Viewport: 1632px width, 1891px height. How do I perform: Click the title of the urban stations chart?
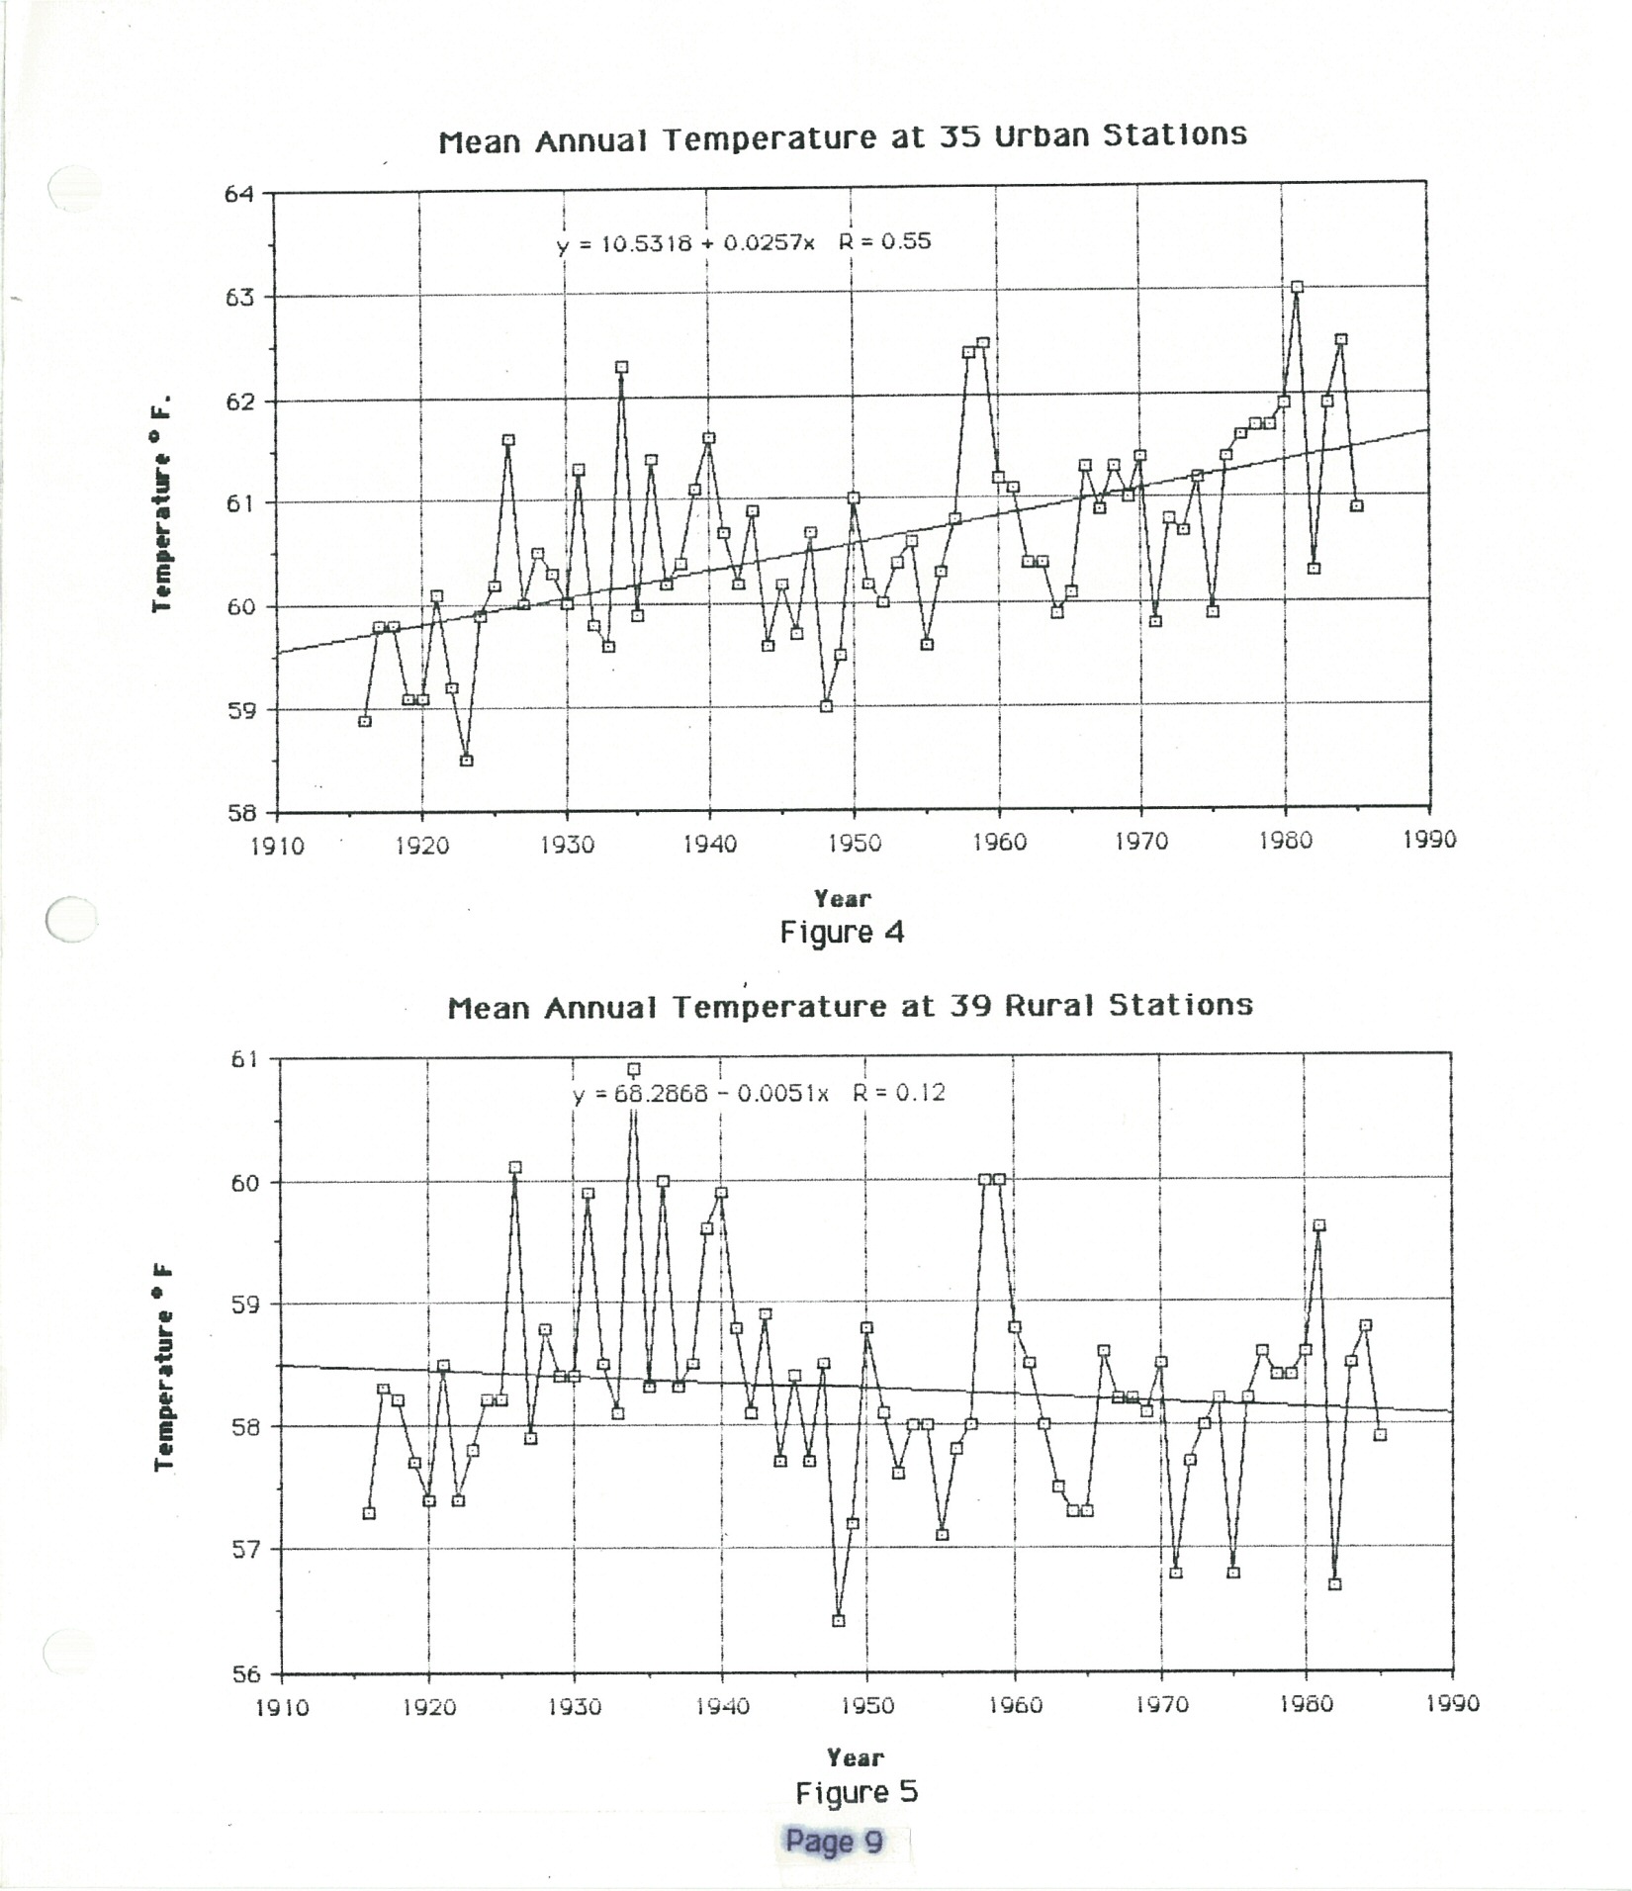click(x=843, y=137)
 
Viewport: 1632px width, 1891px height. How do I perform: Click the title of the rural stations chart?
click(x=850, y=1007)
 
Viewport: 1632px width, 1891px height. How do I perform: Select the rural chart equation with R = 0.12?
click(x=759, y=1093)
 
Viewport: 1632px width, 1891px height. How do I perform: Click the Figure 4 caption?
click(x=842, y=933)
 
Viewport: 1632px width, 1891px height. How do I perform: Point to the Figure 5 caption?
click(x=857, y=1792)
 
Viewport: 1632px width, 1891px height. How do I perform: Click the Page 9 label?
click(x=834, y=1842)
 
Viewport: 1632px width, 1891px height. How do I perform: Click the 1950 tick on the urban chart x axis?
click(x=855, y=843)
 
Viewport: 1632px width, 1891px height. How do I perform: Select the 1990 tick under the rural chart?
click(x=1453, y=1704)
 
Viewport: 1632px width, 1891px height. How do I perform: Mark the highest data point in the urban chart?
click(x=1297, y=287)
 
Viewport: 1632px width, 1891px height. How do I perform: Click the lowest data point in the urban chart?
click(x=466, y=761)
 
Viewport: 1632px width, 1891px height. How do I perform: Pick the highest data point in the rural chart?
click(x=634, y=1069)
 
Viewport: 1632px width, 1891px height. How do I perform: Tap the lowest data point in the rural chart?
click(x=839, y=1621)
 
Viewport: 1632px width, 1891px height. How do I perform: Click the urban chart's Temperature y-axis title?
click(x=162, y=502)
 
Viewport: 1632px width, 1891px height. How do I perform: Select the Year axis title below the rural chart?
click(x=855, y=1757)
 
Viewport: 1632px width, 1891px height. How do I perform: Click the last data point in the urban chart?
click(x=1356, y=505)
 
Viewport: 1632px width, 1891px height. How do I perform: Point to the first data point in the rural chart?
click(x=369, y=1513)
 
